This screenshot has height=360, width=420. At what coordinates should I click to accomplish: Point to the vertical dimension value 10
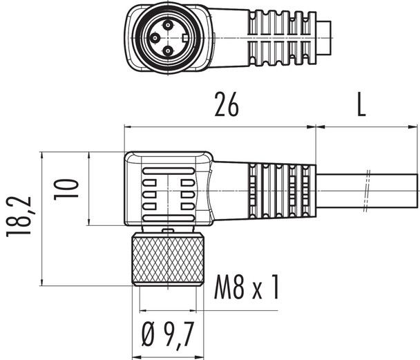pos(68,188)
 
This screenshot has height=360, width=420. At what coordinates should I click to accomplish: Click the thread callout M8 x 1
pos(246,287)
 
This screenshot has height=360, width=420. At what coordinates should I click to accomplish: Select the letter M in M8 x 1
pos(223,287)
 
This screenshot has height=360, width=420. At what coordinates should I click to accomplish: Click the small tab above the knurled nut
pos(166,229)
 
